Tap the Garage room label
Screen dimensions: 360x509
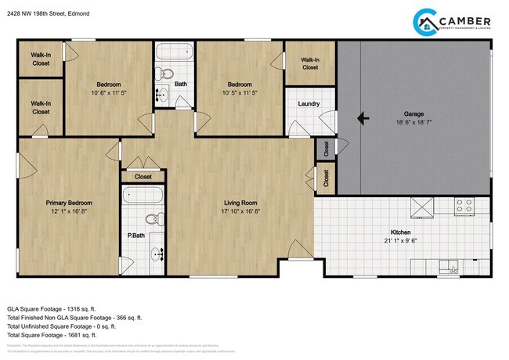[x=413, y=114]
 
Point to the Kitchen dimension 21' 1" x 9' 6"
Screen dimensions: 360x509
[x=401, y=241]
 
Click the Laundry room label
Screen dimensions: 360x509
[x=309, y=103]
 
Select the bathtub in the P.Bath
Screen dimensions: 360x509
[x=143, y=195]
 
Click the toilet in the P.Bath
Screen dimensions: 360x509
[x=156, y=218]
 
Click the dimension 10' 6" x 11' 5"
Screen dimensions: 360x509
[x=108, y=92]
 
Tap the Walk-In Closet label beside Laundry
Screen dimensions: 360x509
[x=310, y=63]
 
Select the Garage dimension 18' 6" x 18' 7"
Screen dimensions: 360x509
[x=413, y=123]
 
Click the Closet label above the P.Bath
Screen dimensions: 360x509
[x=143, y=177]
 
